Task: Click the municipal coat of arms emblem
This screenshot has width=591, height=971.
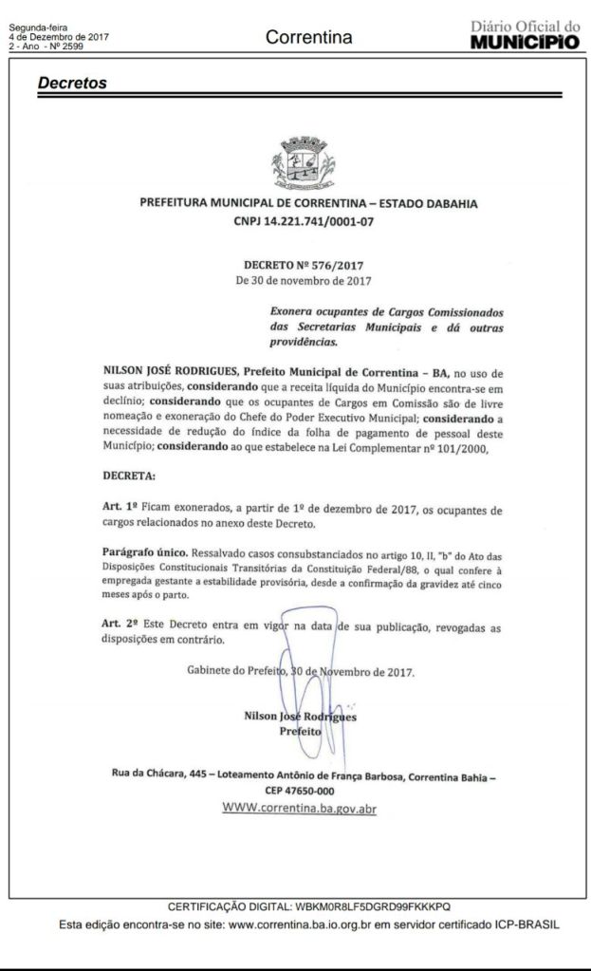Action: (298, 163)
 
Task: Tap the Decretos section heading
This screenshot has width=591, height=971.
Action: (72, 84)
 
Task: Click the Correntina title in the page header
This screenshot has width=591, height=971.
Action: (309, 38)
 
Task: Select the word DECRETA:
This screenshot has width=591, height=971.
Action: (131, 474)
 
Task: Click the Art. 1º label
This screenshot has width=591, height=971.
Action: (120, 510)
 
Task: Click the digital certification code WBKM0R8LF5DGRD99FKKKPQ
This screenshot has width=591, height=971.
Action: (375, 906)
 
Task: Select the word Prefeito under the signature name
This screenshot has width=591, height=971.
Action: (300, 732)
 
